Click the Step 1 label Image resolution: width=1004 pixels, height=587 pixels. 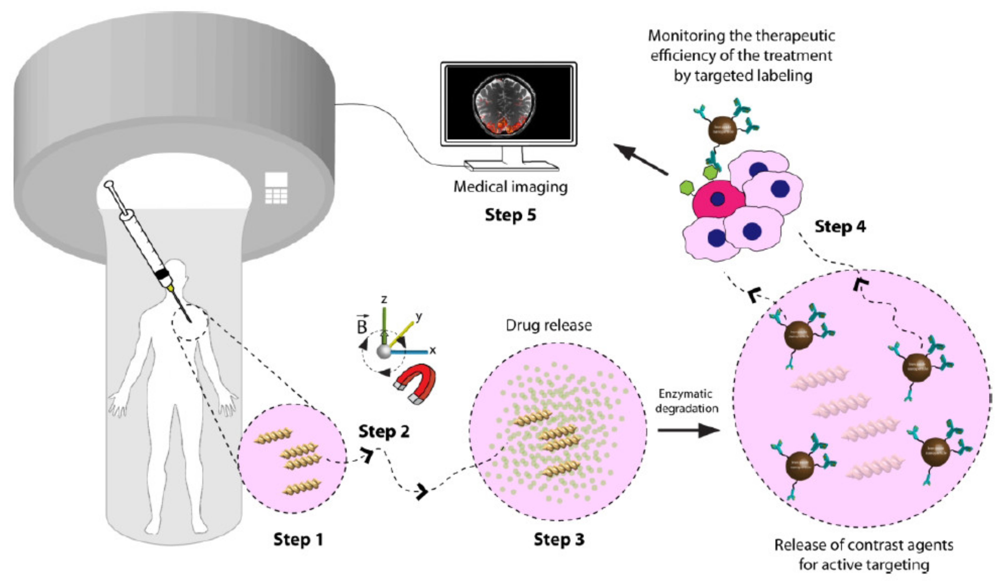[298, 540]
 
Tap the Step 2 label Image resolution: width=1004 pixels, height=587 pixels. [384, 431]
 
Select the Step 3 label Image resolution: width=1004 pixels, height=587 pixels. [559, 540]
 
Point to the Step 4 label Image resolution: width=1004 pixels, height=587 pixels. [840, 227]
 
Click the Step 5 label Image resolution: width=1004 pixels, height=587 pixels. [510, 215]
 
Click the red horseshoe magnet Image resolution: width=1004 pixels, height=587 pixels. [416, 384]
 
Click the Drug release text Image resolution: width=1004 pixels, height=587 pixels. [549, 325]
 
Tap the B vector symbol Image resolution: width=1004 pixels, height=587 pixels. [361, 326]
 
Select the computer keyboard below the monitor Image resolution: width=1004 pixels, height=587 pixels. [511, 166]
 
